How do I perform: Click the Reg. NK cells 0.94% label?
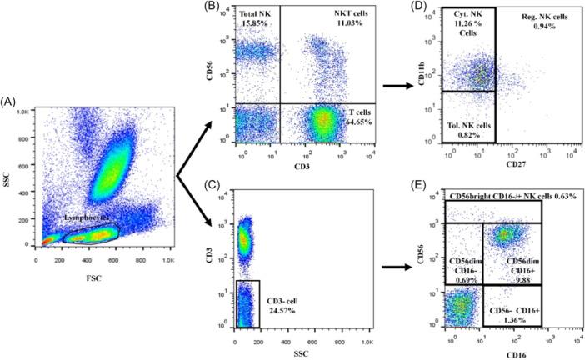[x=545, y=22]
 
